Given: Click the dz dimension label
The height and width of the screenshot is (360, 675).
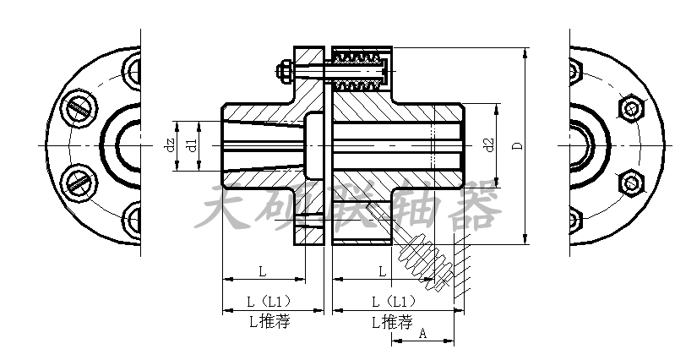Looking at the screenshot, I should tap(170, 145).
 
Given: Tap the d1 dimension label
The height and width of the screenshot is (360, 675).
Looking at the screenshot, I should tap(192, 145).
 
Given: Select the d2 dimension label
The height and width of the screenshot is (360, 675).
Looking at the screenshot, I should tap(488, 145).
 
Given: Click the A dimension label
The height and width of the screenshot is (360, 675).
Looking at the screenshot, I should tap(422, 334).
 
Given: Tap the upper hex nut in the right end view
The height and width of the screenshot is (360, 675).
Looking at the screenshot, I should tap(630, 109).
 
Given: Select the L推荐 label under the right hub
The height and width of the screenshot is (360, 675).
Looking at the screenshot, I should tap(391, 321).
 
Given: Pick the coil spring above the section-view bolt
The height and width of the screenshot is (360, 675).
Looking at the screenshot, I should tap(358, 58).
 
